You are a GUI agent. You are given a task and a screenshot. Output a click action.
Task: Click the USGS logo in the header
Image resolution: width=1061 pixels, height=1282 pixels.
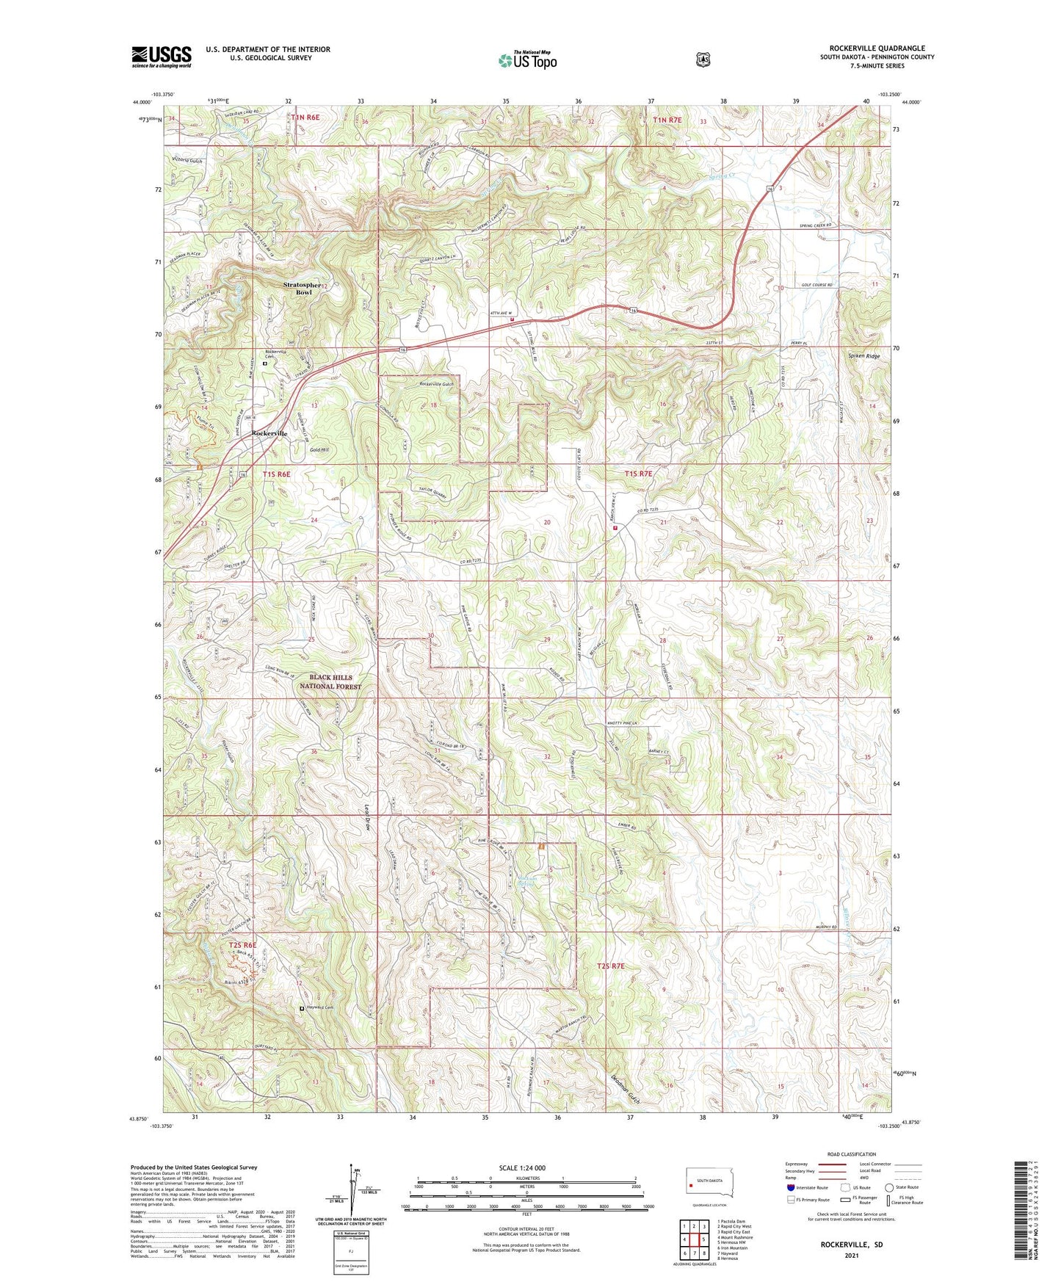(162, 57)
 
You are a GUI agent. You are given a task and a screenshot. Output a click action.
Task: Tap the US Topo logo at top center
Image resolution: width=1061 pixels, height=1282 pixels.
(527, 60)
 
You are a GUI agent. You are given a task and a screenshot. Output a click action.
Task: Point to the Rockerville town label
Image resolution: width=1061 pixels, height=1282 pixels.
(269, 433)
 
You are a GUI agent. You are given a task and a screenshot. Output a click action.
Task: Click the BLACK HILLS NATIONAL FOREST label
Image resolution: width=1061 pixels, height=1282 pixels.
(330, 682)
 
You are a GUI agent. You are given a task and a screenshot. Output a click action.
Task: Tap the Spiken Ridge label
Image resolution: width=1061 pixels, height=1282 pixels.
(864, 356)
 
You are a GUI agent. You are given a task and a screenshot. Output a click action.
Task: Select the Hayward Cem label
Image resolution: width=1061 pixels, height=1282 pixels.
(319, 1008)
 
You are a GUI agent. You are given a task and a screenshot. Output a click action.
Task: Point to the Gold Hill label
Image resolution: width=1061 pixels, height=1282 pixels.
(320, 449)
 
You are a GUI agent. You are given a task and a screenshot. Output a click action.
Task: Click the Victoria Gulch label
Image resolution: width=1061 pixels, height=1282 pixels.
(187, 159)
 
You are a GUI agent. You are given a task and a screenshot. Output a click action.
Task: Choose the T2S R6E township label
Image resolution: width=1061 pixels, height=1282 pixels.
(242, 944)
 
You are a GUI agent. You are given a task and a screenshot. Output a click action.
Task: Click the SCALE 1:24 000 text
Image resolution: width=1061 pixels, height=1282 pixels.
(522, 1167)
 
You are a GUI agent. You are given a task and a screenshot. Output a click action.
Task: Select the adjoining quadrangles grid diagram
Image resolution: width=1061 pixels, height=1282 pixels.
(694, 1241)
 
